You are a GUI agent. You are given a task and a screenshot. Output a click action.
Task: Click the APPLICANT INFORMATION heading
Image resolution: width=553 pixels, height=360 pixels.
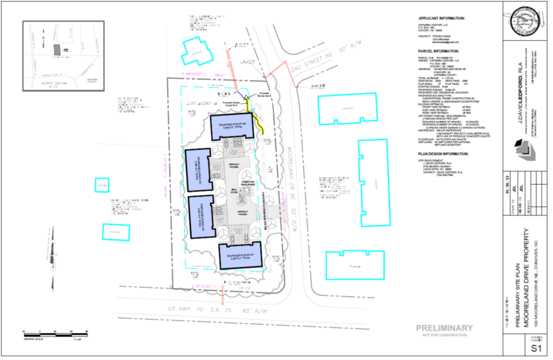tap(441, 18)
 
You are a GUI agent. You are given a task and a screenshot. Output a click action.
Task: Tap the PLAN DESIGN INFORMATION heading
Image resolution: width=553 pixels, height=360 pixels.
tap(443, 154)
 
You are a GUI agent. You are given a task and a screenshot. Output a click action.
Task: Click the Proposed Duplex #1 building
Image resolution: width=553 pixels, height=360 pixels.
tap(240, 256)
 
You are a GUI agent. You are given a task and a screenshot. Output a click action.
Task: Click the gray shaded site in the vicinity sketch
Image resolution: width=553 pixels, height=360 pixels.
tap(57, 50)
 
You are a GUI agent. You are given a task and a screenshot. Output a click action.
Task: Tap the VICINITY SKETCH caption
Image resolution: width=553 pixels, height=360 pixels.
tap(47, 82)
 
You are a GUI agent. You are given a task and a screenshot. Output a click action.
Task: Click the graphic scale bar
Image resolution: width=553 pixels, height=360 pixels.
tap(55, 332)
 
